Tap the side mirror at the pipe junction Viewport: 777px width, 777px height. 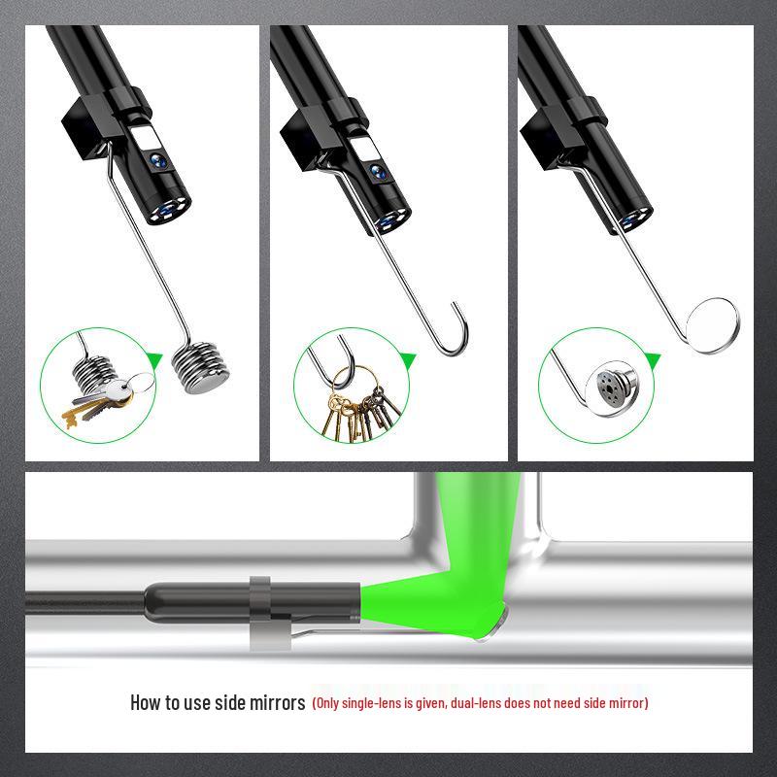490,622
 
